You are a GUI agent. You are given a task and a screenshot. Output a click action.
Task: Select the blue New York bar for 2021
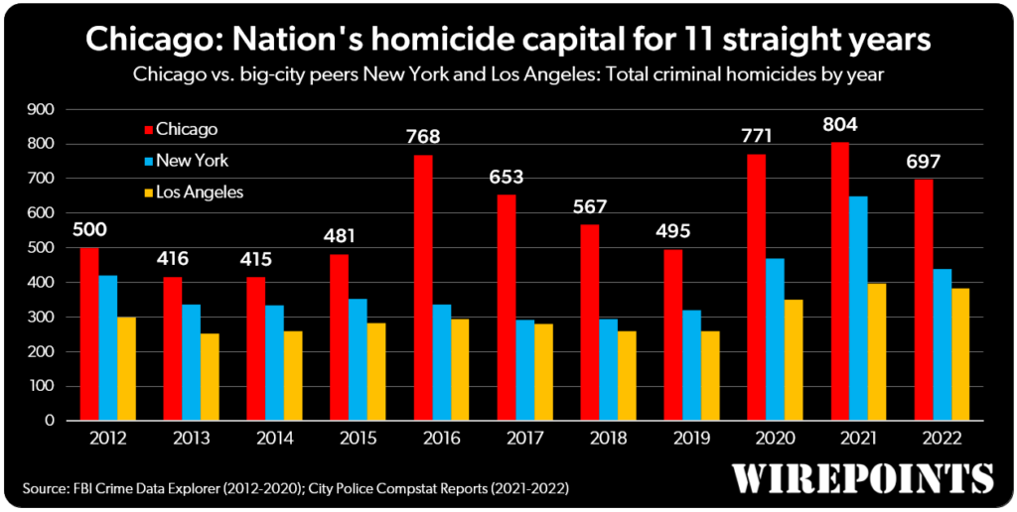[x=858, y=309]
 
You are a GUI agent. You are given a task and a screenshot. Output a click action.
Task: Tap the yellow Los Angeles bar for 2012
[x=127, y=368]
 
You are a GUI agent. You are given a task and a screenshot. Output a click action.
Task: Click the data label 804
[x=839, y=125]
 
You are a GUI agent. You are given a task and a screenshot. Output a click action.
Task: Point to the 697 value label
[x=922, y=161]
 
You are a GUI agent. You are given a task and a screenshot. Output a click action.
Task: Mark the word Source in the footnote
[x=48, y=488]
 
